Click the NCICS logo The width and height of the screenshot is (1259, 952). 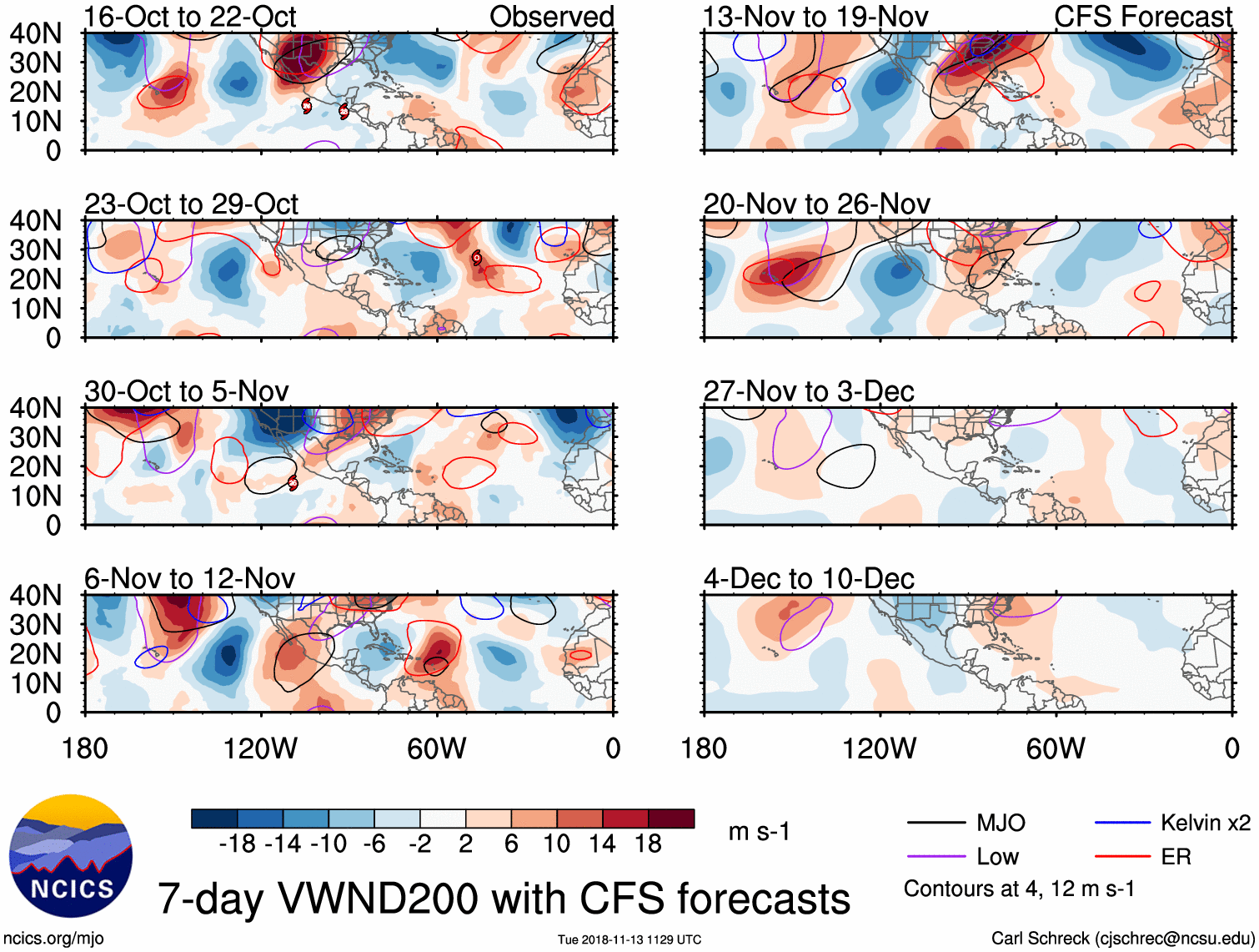[71, 855]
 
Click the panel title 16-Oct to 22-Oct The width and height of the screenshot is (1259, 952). [190, 17]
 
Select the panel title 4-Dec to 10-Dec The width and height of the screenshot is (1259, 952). [809, 578]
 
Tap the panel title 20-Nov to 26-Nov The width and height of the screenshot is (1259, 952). [816, 204]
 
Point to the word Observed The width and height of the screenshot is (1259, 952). [551, 17]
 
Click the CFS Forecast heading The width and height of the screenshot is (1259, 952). [1142, 17]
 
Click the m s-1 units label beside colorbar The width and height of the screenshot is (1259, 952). [759, 832]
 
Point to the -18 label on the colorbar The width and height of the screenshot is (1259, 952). [238, 844]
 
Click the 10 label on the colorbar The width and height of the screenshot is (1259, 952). [557, 844]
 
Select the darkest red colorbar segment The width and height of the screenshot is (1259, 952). [671, 819]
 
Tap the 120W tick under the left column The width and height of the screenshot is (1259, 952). [260, 748]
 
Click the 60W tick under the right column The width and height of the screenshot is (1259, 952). [1056, 748]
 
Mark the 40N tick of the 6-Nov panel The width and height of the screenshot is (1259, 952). [35, 596]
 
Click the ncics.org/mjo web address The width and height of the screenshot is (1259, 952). [53, 939]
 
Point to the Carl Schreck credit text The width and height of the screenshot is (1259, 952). [1122, 939]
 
